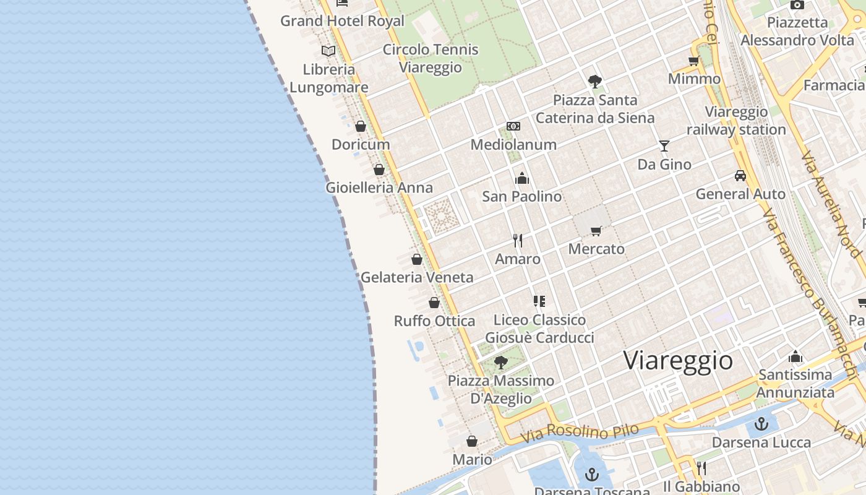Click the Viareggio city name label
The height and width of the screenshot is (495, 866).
(x=678, y=360)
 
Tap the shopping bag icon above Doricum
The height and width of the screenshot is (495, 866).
(x=361, y=126)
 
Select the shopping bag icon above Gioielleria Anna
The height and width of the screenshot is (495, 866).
(x=379, y=169)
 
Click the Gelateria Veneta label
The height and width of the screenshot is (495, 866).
(x=417, y=277)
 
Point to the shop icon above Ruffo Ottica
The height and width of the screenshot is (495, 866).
(x=434, y=303)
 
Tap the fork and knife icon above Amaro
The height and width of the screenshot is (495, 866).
(x=518, y=241)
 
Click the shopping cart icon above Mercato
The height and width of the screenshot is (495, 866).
(x=596, y=231)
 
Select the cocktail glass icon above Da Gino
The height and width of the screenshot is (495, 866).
(x=664, y=146)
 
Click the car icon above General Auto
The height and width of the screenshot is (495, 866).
(x=740, y=176)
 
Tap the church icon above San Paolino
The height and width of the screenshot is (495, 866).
(x=522, y=179)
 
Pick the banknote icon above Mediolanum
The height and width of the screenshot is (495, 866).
(x=513, y=126)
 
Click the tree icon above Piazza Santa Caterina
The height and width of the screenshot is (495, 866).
(x=595, y=81)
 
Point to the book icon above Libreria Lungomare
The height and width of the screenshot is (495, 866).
(x=328, y=51)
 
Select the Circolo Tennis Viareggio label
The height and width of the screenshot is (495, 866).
(x=431, y=58)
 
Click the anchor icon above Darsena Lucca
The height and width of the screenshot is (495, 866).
(x=761, y=424)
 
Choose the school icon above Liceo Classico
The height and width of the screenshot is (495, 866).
(x=539, y=301)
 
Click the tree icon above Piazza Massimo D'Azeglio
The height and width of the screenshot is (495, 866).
(x=501, y=362)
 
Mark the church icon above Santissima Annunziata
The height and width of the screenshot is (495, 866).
(x=795, y=356)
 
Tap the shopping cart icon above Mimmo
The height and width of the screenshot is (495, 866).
(x=694, y=61)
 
